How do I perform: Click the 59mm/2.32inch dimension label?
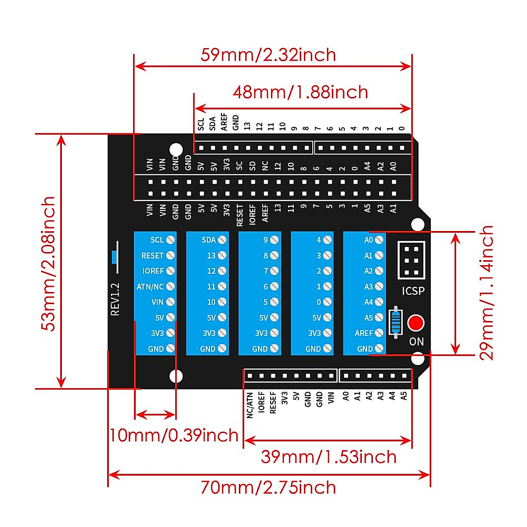click(268, 55)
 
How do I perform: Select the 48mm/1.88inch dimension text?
click(300, 92)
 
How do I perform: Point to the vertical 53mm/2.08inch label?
click(48, 263)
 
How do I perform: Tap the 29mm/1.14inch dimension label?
click(486, 293)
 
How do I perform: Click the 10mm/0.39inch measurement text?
click(174, 435)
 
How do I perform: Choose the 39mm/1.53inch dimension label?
click(328, 457)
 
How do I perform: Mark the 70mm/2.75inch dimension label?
click(268, 487)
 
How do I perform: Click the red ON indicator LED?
click(415, 323)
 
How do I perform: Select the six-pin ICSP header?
click(411, 260)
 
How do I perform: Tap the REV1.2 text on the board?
click(115, 299)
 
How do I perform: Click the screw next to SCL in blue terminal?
click(170, 240)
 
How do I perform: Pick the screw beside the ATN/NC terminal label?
click(170, 286)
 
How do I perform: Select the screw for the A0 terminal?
click(379, 240)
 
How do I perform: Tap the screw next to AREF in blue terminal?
click(379, 333)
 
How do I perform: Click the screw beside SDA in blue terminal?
click(222, 240)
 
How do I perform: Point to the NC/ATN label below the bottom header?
click(250, 405)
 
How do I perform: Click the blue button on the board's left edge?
click(115, 256)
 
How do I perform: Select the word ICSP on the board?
click(413, 291)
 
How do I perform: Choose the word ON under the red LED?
click(416, 341)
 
